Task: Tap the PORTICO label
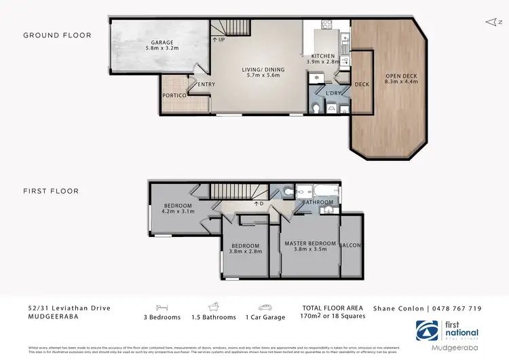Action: (x=174, y=96)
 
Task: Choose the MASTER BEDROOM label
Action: (x=310, y=243)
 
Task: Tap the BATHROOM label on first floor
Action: (x=318, y=202)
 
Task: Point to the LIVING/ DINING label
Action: (x=263, y=69)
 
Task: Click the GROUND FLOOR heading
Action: (x=57, y=35)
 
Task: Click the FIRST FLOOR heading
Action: (x=51, y=192)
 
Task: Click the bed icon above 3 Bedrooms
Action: (x=161, y=307)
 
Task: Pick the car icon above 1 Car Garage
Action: (x=263, y=307)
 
